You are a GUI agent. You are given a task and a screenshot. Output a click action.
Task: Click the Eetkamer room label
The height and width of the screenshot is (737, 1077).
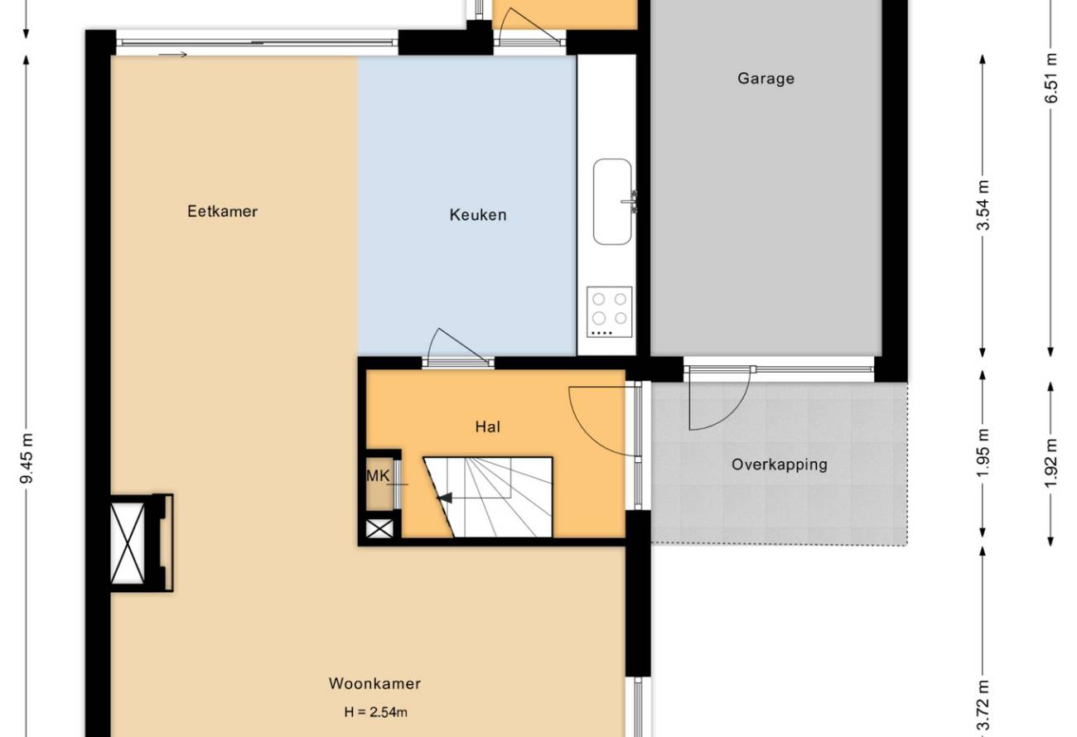click(222, 211)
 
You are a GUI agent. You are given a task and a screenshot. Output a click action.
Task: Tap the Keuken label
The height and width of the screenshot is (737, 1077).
click(478, 214)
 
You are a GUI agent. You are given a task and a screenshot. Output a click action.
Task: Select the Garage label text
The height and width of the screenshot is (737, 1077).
click(766, 79)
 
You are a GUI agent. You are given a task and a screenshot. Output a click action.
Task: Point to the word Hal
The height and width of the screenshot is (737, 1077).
click(487, 426)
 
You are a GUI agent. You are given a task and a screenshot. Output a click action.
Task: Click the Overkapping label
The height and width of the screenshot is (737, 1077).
click(780, 465)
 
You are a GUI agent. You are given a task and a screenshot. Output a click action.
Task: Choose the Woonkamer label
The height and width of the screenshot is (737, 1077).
click(374, 684)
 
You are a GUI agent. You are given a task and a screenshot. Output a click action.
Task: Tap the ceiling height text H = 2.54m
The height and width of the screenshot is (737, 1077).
click(375, 712)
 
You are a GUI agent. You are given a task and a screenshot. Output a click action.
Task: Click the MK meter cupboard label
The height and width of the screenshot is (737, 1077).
click(378, 475)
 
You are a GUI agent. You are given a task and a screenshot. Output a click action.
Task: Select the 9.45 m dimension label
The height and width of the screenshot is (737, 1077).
click(27, 458)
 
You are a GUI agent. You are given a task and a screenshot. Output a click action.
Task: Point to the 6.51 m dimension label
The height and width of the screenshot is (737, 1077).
click(1051, 78)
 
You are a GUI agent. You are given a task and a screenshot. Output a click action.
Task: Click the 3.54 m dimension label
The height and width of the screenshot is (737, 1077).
click(983, 205)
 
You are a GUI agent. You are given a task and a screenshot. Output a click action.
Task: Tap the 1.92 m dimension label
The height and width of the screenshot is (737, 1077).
click(1051, 463)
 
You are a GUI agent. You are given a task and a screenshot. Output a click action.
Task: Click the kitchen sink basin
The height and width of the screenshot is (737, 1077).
click(612, 202)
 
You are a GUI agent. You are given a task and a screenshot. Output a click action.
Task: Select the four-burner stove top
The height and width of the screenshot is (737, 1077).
click(609, 312)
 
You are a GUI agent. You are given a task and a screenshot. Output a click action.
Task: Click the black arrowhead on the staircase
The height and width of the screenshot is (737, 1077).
click(445, 498)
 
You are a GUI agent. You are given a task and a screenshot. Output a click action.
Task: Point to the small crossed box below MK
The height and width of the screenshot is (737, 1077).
click(379, 529)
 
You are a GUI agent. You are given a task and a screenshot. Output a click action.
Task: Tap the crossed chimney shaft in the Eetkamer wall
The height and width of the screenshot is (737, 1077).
click(128, 543)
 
